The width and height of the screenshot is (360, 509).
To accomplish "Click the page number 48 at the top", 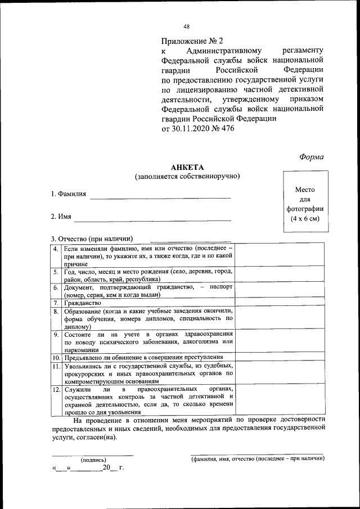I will tap(186, 26).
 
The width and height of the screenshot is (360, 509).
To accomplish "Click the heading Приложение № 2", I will tap(192, 41).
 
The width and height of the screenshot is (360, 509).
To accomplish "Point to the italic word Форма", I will tap(311, 157).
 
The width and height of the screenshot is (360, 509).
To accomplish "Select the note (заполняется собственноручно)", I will tap(187, 177).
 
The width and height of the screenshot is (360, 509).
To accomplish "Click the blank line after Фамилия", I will tap(160, 196).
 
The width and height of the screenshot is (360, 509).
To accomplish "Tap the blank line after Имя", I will tap(152, 219).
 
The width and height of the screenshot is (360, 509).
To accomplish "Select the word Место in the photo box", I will tap(304, 190).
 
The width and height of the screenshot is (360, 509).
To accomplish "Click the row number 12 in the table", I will tap(56, 389).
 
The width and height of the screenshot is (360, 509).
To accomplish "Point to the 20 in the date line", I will tap(106, 468).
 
